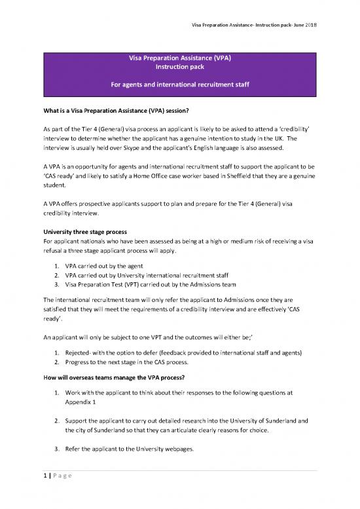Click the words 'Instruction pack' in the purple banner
click(179, 67)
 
